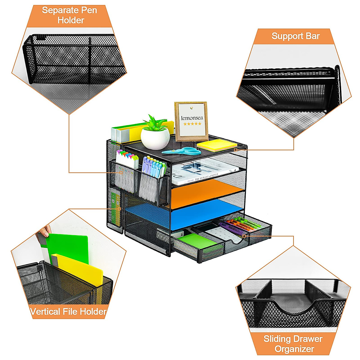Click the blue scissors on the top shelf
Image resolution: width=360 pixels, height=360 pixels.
point(183,151)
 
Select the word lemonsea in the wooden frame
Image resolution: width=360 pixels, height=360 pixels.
point(192,118)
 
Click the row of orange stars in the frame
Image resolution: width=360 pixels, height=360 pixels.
point(192,124)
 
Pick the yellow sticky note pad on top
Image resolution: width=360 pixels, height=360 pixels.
point(217,145)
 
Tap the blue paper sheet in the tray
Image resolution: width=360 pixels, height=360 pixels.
point(204,214)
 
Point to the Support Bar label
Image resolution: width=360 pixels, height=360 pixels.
point(295,36)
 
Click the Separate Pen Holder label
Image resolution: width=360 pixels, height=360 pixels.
point(70,15)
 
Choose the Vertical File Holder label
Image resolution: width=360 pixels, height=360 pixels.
point(68,311)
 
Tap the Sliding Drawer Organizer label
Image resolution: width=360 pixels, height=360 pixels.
point(293,344)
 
